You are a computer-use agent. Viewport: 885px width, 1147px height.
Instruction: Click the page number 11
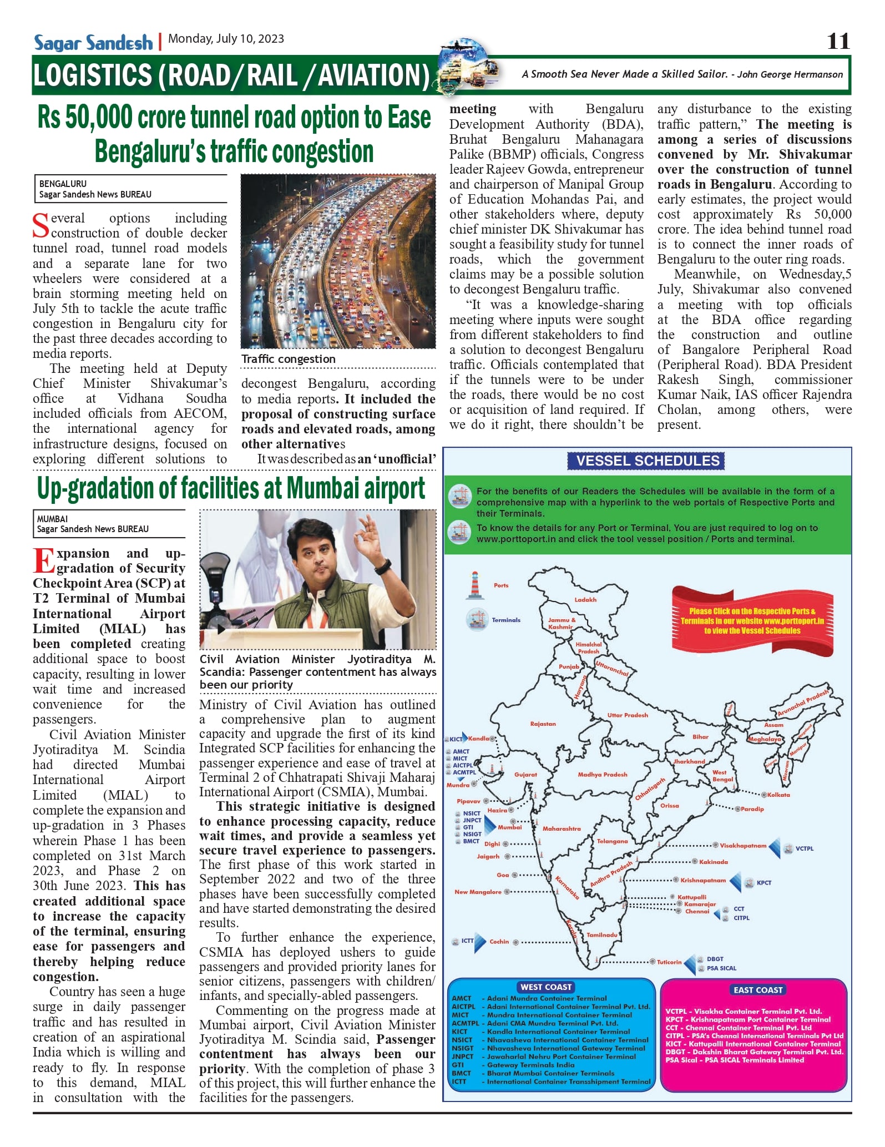(x=838, y=42)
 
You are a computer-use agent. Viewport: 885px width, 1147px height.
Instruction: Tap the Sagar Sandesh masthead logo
(x=93, y=43)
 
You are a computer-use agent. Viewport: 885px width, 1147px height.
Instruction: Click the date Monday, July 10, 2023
(x=226, y=39)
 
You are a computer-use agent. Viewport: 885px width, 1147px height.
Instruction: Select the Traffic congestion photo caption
(x=288, y=359)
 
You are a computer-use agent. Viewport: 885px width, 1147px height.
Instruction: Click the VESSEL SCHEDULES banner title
(x=647, y=461)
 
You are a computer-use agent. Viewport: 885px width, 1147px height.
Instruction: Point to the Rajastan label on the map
(x=543, y=724)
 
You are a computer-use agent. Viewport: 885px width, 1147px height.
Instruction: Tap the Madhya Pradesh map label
(x=602, y=774)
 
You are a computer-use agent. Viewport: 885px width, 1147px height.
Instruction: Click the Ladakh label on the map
(x=585, y=599)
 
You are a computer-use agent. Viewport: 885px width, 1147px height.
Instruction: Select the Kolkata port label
(x=778, y=795)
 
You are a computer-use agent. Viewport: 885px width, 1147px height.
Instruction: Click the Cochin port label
(x=499, y=942)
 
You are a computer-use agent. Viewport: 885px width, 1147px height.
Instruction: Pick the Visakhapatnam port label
(x=742, y=846)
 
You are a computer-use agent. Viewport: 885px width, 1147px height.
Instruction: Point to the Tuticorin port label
(x=669, y=962)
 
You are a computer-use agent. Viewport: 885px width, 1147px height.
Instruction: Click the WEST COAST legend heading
(x=546, y=987)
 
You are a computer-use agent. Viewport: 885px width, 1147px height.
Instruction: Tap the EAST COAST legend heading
(x=757, y=990)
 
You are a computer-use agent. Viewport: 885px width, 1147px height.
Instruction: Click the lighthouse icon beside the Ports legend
(x=474, y=585)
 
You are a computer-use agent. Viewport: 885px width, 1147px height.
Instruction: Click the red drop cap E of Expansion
(x=44, y=560)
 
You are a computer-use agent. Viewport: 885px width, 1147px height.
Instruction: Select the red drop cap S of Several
(x=41, y=225)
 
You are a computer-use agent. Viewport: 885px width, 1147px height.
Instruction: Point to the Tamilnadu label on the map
(x=601, y=935)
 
